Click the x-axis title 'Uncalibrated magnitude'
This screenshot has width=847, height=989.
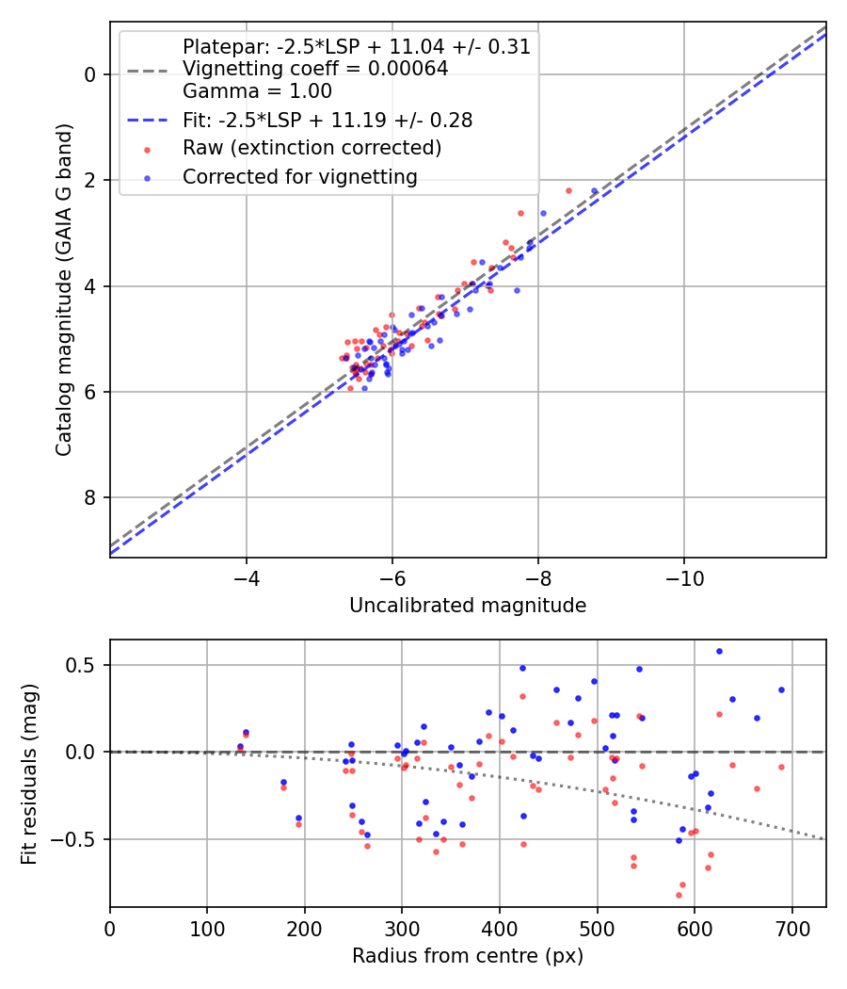468,606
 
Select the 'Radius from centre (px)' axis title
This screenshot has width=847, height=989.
468,956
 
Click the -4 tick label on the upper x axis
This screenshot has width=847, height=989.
247,576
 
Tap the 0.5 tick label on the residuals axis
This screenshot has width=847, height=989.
86,665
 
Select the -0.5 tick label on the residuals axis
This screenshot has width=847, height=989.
81,838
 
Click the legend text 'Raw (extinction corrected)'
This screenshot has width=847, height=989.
312,148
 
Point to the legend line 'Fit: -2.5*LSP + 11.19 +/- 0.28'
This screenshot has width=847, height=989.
147,121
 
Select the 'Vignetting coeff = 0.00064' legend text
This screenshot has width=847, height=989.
315,69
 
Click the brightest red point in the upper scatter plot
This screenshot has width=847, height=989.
568,190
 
